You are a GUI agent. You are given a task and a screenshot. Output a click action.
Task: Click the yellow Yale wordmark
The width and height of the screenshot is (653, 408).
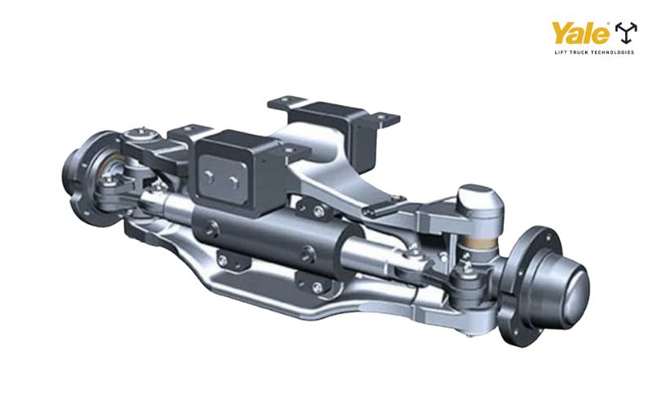tap(580, 33)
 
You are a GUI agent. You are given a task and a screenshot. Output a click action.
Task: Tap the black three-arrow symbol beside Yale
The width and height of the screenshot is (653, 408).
tap(625, 33)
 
